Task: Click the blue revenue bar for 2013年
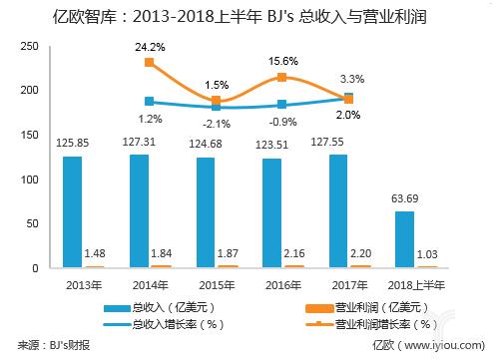(72, 211)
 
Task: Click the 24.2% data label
(150, 46)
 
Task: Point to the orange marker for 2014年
(150, 63)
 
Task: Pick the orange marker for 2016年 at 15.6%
(281, 78)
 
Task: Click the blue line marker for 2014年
(150, 102)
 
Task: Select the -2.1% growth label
(216, 124)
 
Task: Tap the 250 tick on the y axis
(31, 46)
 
